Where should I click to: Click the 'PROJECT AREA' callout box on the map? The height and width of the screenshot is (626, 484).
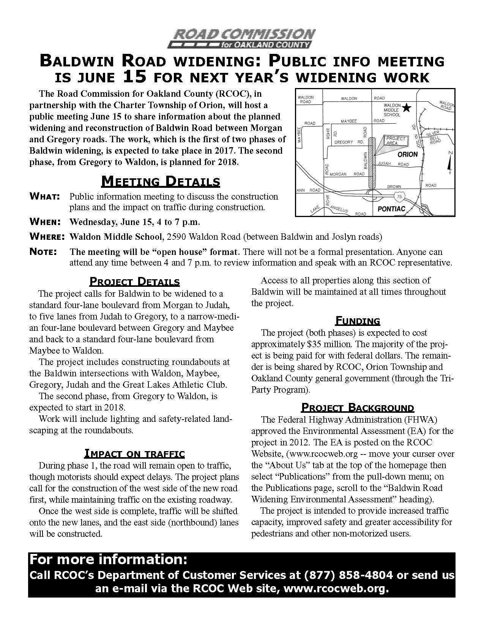395,141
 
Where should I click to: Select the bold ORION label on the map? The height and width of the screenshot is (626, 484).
407,154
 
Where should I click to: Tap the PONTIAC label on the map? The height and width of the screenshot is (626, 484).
391,209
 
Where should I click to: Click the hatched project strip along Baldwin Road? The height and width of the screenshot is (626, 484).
372,163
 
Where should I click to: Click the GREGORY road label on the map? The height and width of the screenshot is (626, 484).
344,142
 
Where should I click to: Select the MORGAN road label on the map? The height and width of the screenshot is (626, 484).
338,174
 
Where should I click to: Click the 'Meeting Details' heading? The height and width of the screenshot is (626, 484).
161,181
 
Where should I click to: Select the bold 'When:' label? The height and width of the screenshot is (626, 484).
45,222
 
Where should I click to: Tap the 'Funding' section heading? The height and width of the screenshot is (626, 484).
358,321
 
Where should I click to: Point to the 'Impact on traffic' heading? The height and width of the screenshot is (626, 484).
134,453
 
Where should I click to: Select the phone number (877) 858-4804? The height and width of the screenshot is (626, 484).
348,575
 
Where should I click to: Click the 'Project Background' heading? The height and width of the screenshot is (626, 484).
357,408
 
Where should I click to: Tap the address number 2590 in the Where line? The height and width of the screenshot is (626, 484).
176,237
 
